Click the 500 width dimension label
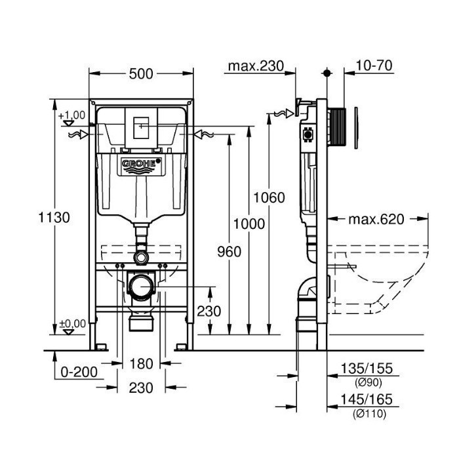pyautogui.click(x=141, y=73)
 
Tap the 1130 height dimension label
pyautogui.click(x=54, y=218)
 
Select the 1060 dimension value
pyautogui.click(x=269, y=197)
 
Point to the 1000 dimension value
pyautogui.click(x=249, y=224)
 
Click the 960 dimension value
pyautogui.click(x=229, y=252)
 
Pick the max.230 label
pyautogui.click(x=256, y=66)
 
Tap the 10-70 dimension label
pyautogui.click(x=374, y=66)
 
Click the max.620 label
pyautogui.click(x=376, y=219)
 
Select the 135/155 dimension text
pyautogui.click(x=367, y=369)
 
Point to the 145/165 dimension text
pyautogui.click(x=367, y=399)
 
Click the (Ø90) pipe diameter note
pyautogui.click(x=369, y=382)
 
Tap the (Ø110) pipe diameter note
pyautogui.click(x=369, y=414)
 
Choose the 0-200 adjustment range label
pyautogui.click(x=79, y=372)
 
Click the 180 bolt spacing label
pyautogui.click(x=141, y=364)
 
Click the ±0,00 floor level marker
pyautogui.click(x=72, y=324)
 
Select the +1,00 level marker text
pyautogui.click(x=71, y=115)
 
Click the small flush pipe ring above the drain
pyautogui.click(x=142, y=258)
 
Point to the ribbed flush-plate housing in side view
pyautogui.click(x=336, y=127)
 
